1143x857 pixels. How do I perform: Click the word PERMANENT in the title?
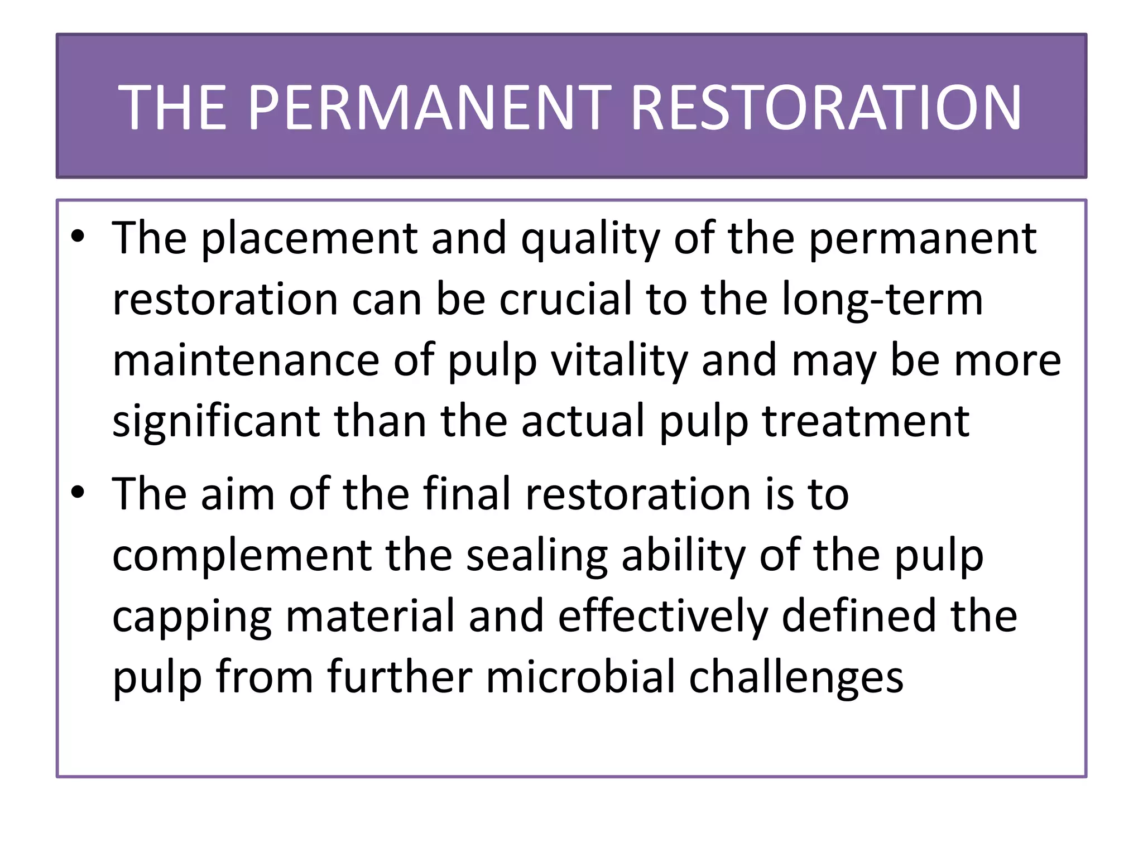429,108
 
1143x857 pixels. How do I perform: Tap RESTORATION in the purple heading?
825,108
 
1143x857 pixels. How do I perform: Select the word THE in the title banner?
172,108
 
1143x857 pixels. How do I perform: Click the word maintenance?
246,360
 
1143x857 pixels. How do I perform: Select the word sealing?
536,557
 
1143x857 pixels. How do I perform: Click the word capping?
192,618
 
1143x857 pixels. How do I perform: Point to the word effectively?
662,617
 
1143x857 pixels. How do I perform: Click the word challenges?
796,678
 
